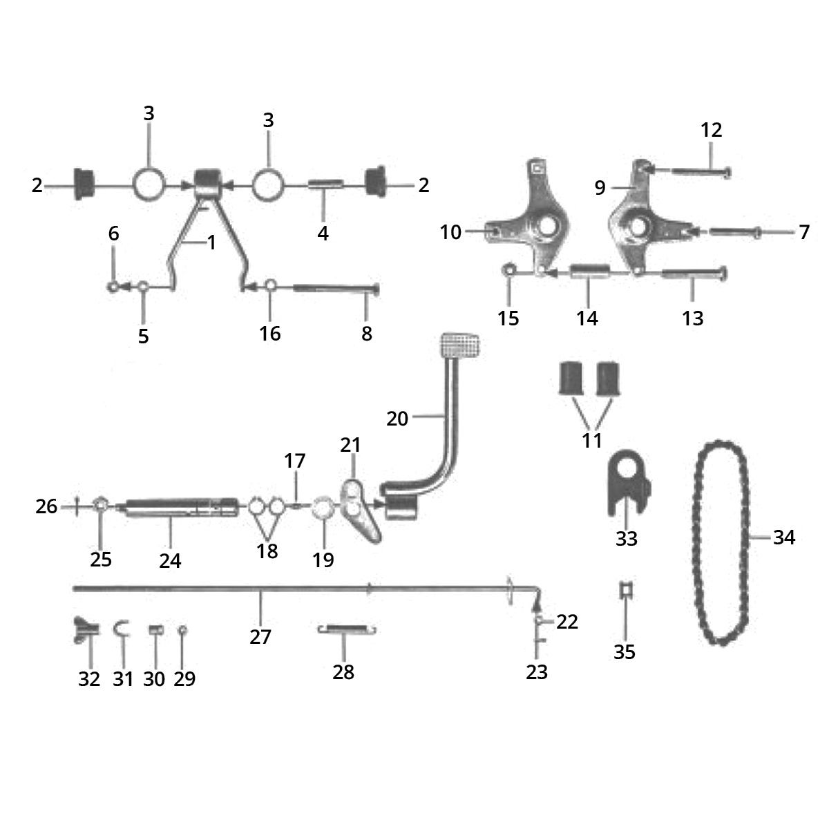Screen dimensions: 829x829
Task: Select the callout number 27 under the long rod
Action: [x=260, y=637]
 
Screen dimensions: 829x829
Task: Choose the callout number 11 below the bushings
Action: [x=591, y=440]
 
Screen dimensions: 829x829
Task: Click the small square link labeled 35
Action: [x=625, y=591]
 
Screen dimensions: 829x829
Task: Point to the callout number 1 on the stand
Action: [x=211, y=243]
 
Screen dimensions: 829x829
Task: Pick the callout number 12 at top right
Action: [x=711, y=130]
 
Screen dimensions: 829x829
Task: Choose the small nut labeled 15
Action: [x=509, y=271]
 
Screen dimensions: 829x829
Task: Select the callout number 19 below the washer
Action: [x=323, y=559]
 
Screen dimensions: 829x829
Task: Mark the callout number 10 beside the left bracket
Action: [x=450, y=232]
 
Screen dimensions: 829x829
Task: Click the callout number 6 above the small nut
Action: [x=113, y=234]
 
